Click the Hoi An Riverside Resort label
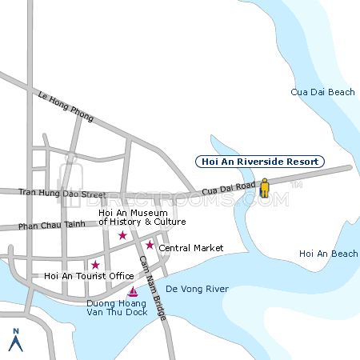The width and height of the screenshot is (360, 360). [260, 162]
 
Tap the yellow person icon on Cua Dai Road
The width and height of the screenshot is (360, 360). [264, 189]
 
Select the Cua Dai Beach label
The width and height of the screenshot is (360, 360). [322, 93]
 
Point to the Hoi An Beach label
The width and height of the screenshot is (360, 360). [328, 254]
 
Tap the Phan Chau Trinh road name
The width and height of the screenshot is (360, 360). [51, 226]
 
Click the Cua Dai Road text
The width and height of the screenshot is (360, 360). [229, 189]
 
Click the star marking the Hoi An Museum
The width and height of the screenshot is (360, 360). [122, 235]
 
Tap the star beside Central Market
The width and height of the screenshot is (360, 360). [149, 245]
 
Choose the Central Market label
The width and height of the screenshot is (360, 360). [191, 248]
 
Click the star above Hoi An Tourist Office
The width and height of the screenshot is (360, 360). [95, 265]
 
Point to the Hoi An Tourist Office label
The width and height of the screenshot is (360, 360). [89, 276]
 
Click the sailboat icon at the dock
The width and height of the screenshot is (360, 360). [133, 291]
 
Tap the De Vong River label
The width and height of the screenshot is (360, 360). [197, 289]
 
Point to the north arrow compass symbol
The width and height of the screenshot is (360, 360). [14, 341]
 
